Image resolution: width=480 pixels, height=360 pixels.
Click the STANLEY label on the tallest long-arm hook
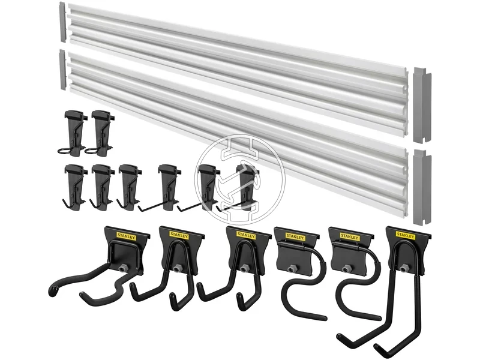click(406, 235)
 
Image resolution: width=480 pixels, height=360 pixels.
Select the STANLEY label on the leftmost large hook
click(126, 236)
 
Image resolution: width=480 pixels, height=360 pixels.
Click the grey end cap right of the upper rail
click(422, 105)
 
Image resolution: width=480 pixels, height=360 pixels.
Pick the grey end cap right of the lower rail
click(422, 187)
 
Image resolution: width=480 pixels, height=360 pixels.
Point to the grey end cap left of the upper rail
click(62, 22)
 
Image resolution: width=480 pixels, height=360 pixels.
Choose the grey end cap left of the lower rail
click(62, 70)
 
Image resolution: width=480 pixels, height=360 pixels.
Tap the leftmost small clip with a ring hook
click(73, 133)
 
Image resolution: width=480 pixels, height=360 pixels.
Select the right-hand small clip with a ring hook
click(100, 133)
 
